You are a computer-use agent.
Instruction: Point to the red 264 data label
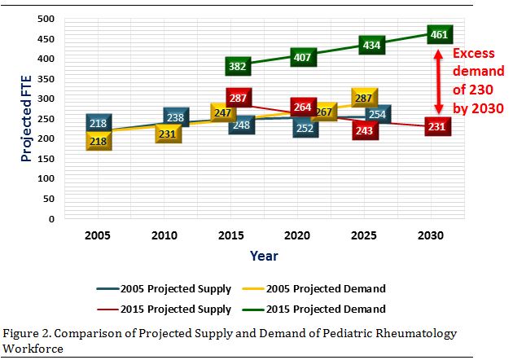coord(303,107)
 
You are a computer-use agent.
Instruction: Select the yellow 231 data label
coord(169,134)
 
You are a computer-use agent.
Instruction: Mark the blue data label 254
coord(377,115)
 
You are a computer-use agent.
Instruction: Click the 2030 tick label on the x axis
coord(431,235)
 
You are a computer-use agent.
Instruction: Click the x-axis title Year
coord(264,256)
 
